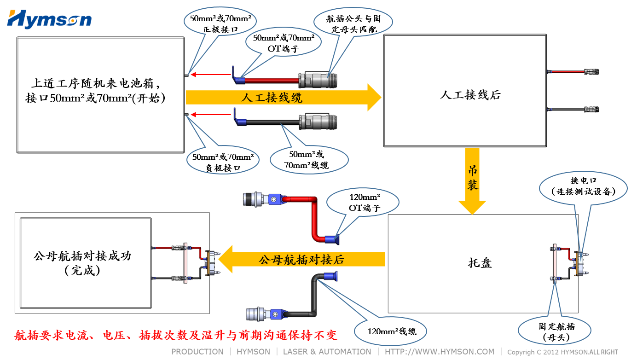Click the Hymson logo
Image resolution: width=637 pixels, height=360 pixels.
49,19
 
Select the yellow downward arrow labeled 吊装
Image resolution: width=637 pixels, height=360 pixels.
472,180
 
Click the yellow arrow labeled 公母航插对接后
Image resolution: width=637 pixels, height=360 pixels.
301,259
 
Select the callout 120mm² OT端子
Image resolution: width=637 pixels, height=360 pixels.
362,202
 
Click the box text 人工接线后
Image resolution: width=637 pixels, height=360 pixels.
470,95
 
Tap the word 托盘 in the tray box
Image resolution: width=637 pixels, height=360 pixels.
480,263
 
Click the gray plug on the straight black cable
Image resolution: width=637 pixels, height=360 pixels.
313,122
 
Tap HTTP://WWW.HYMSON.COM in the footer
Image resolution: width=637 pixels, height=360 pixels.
440,352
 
